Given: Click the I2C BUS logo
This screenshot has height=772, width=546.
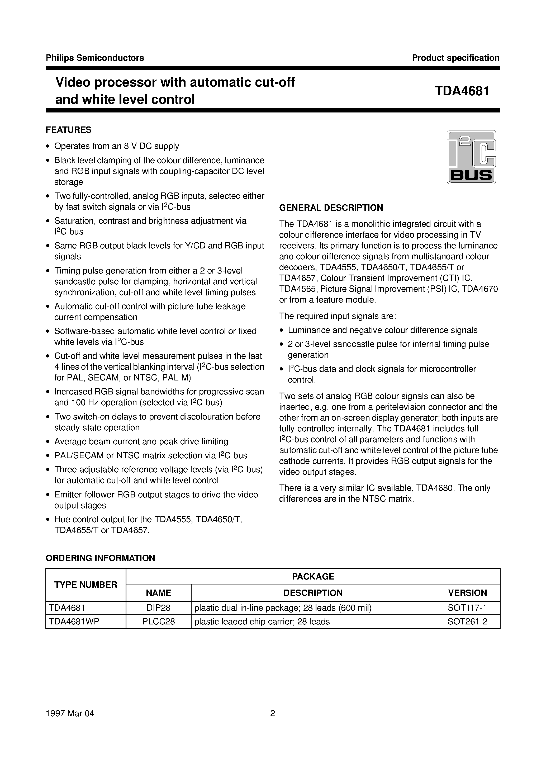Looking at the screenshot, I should (x=471, y=157).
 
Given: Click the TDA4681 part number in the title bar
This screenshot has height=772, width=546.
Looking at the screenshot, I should (x=462, y=91).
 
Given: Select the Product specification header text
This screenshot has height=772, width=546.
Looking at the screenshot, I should (x=455, y=58).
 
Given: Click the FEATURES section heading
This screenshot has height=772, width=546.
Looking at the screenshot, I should (x=69, y=130).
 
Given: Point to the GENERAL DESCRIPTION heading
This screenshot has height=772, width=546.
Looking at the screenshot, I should (x=331, y=208).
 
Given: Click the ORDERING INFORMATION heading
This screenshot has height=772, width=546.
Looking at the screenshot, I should (x=100, y=558).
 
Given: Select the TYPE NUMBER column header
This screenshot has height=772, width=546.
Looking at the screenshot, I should (x=86, y=585).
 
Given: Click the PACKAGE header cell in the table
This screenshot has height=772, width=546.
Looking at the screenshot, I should (x=313, y=577).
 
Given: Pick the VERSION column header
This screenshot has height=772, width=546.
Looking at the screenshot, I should (x=467, y=593).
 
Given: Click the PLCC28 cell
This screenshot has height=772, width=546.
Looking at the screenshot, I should (x=158, y=621).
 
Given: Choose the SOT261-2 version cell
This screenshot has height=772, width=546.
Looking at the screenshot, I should (x=467, y=621).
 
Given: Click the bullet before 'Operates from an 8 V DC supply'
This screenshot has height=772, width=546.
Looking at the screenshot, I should (x=48, y=146).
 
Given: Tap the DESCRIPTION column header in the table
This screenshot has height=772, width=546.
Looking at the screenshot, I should (x=313, y=593).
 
